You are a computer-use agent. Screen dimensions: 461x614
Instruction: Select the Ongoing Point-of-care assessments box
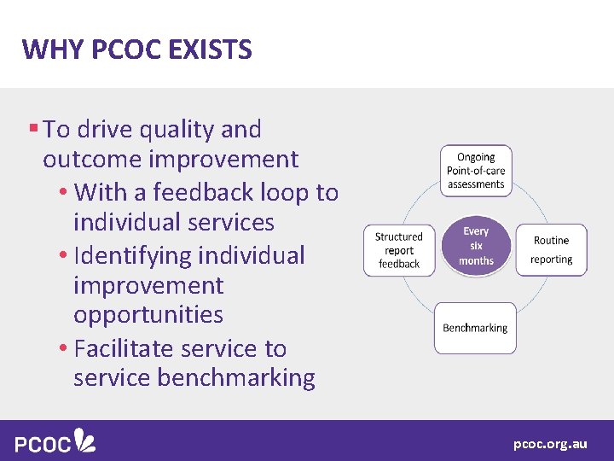pos(476,171)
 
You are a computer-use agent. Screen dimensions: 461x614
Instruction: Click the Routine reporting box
pos(551,250)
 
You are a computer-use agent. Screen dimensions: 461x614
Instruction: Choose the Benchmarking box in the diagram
pos(475,328)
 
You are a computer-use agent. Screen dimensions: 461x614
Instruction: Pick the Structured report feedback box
pos(399,250)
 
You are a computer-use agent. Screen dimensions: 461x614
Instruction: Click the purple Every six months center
pos(476,246)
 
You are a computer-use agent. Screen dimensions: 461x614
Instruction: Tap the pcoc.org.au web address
pos(550,444)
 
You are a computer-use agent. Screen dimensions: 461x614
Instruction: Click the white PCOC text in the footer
pos(43,443)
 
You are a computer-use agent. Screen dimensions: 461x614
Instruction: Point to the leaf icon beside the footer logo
pos(85,440)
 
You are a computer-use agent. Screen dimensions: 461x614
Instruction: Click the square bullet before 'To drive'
pos(33,129)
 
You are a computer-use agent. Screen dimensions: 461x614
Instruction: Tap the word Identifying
pos(133,256)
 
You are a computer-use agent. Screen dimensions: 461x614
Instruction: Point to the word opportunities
pos(148,315)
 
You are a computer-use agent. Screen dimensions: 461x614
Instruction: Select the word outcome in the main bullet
pos(91,160)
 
